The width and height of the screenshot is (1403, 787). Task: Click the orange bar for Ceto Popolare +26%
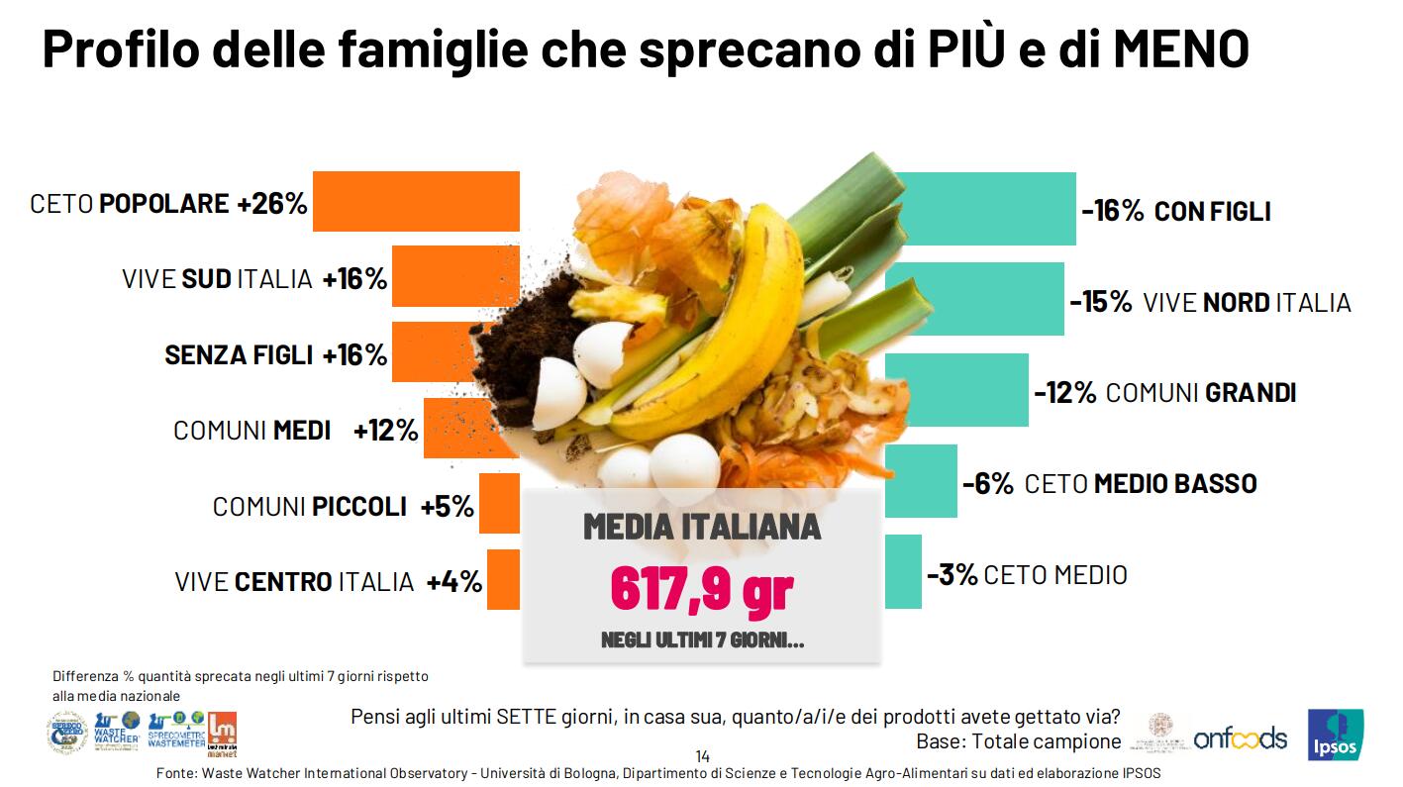click(416, 202)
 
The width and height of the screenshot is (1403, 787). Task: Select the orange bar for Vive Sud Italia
click(455, 276)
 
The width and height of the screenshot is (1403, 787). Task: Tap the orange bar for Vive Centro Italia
click(503, 580)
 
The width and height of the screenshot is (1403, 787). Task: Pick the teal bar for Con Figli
click(985, 209)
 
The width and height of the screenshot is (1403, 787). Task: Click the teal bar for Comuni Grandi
click(956, 390)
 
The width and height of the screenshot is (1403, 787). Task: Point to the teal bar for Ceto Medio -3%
click(903, 572)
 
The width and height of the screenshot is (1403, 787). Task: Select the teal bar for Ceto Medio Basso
click(921, 481)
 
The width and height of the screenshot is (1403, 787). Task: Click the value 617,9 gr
click(701, 588)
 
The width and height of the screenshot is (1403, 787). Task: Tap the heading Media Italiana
click(701, 527)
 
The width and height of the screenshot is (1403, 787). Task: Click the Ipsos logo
click(1335, 736)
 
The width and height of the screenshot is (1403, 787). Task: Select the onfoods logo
click(1240, 738)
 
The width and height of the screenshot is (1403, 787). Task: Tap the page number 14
click(702, 756)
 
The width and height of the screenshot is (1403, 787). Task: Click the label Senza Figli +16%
click(275, 354)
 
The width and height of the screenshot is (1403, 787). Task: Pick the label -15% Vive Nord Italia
click(1210, 302)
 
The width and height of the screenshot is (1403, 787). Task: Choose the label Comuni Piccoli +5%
click(343, 507)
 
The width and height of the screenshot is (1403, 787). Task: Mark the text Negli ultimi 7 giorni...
click(702, 639)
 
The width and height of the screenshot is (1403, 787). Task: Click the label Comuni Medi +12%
click(295, 431)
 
